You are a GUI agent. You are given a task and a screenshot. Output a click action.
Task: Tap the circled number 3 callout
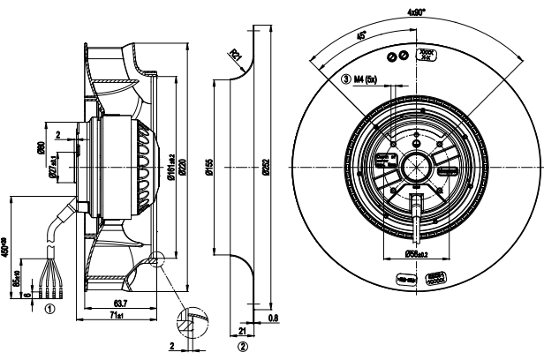[x=346, y=79]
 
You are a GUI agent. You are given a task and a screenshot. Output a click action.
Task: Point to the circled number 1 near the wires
[x=50, y=310]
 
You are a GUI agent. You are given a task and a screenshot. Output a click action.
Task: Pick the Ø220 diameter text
[x=182, y=168]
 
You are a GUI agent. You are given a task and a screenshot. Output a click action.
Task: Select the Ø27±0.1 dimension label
[x=53, y=164]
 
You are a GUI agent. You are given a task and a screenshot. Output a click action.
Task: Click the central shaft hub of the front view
[x=412, y=167]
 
